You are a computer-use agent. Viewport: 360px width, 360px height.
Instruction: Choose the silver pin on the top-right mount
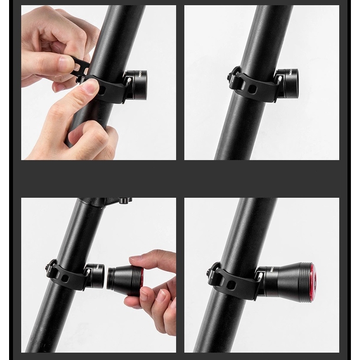[x=280, y=80]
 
